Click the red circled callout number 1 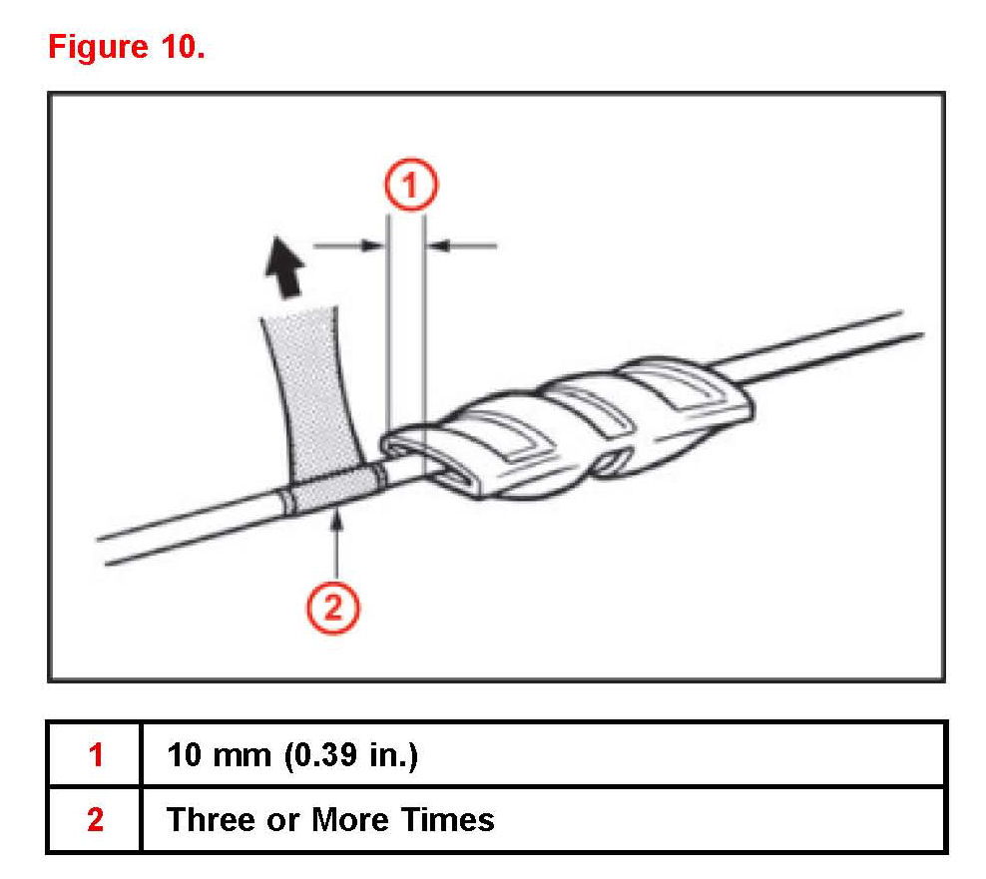point(408,187)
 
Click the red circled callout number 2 point(335,606)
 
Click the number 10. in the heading point(179,48)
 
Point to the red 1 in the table point(95,754)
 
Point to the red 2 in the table point(95,819)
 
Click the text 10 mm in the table point(219,754)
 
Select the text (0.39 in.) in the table point(349,754)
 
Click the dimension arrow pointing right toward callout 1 point(348,242)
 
